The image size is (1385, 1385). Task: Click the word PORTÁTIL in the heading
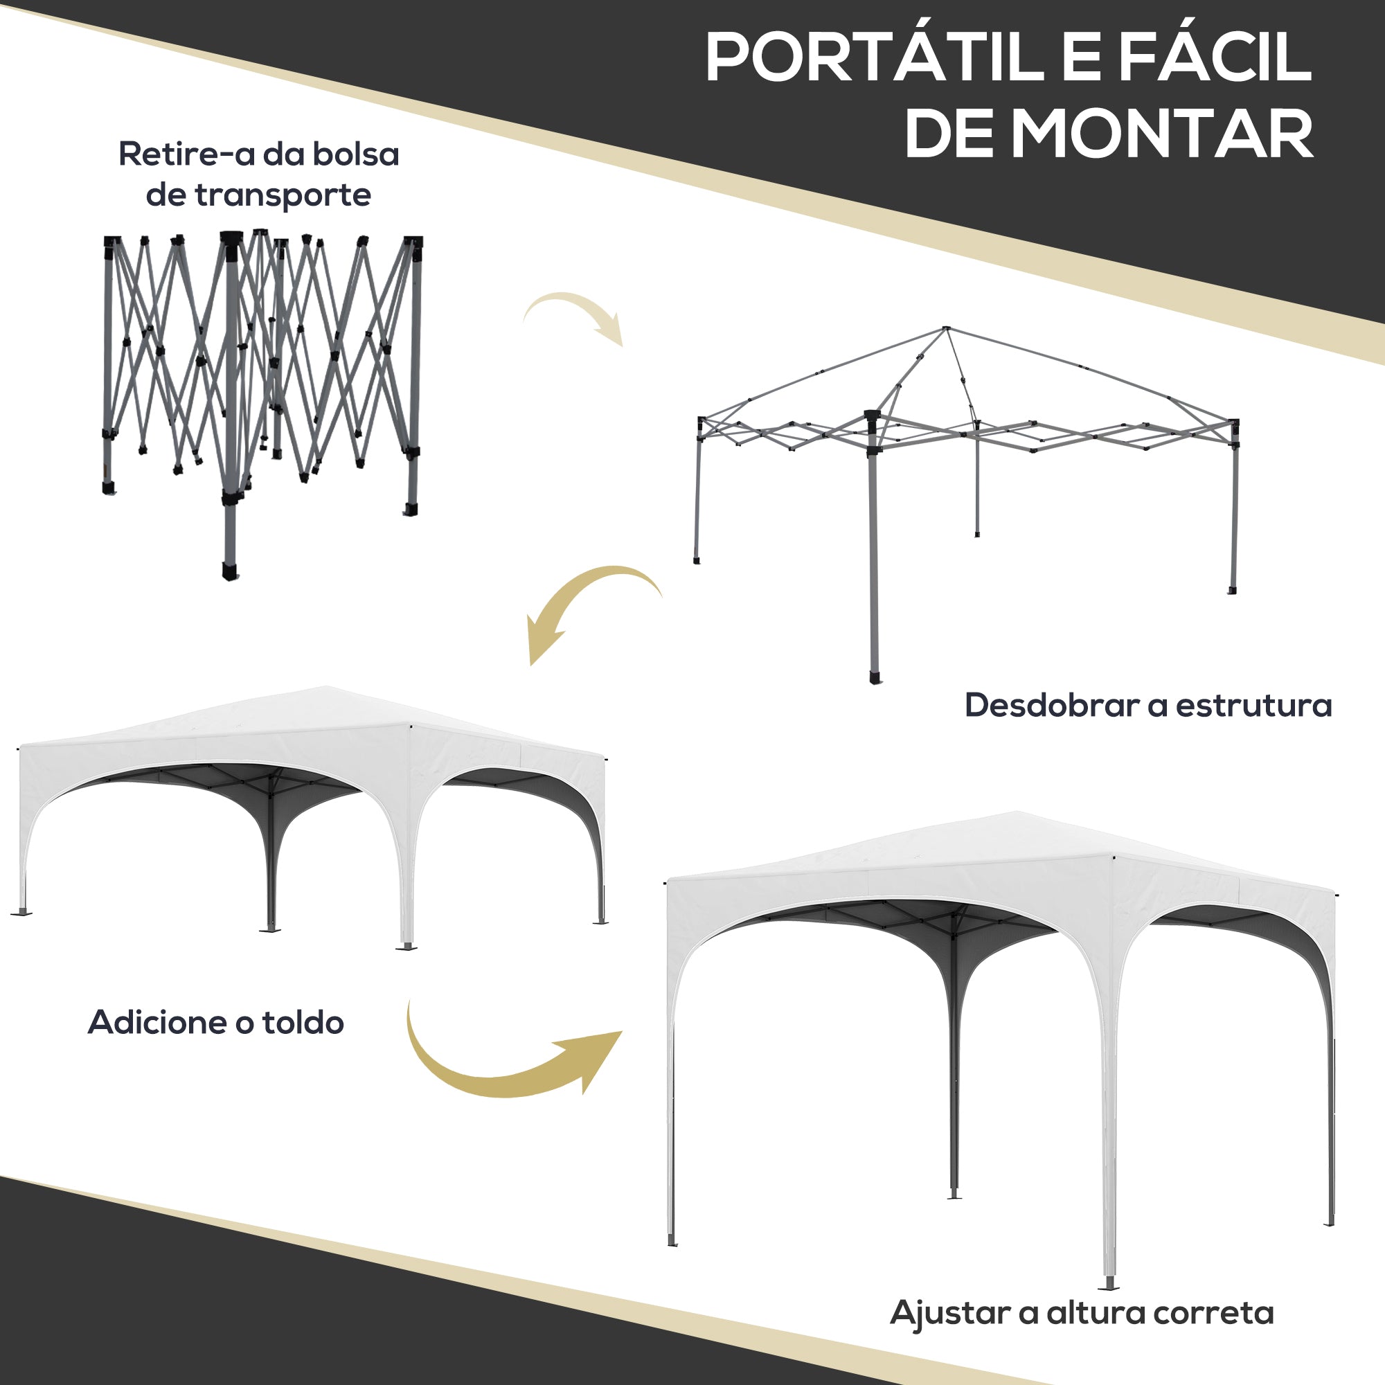point(875,60)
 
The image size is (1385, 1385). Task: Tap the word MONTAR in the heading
point(1161,134)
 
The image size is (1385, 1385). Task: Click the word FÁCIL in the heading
point(1215,60)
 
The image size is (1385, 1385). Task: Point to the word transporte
point(283,195)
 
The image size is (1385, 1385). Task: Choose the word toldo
point(303,1022)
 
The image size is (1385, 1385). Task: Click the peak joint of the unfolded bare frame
point(946,329)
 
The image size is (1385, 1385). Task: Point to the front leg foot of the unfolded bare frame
point(875,677)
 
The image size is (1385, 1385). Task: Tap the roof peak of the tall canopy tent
point(1017,813)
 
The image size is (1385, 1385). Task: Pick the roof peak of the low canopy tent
point(325,688)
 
